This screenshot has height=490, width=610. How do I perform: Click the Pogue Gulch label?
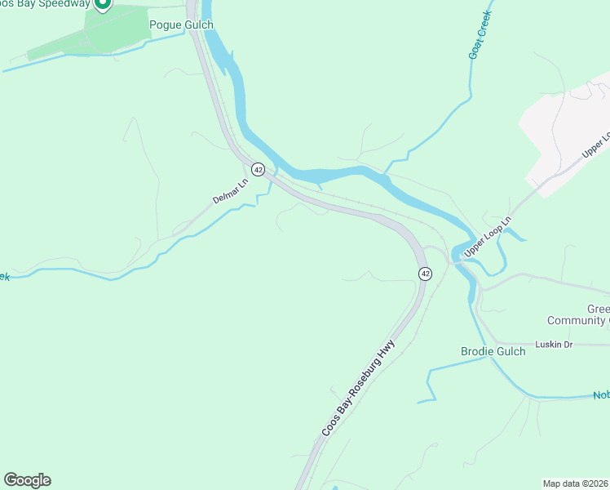[x=181, y=24]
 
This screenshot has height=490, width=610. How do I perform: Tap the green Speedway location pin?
[x=102, y=4]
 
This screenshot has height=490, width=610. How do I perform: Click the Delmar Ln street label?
[x=229, y=191]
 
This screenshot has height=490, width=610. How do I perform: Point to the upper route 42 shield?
[x=258, y=169]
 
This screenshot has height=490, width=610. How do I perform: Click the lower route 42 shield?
[x=425, y=274]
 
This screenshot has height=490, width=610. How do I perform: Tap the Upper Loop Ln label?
[x=488, y=238]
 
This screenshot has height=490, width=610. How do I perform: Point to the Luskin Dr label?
[x=554, y=345]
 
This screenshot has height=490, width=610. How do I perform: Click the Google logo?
[x=27, y=480]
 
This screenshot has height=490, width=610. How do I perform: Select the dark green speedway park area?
[x=114, y=33]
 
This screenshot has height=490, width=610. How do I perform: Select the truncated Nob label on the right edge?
[x=601, y=396]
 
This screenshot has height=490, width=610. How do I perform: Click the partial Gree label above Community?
[x=598, y=310]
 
